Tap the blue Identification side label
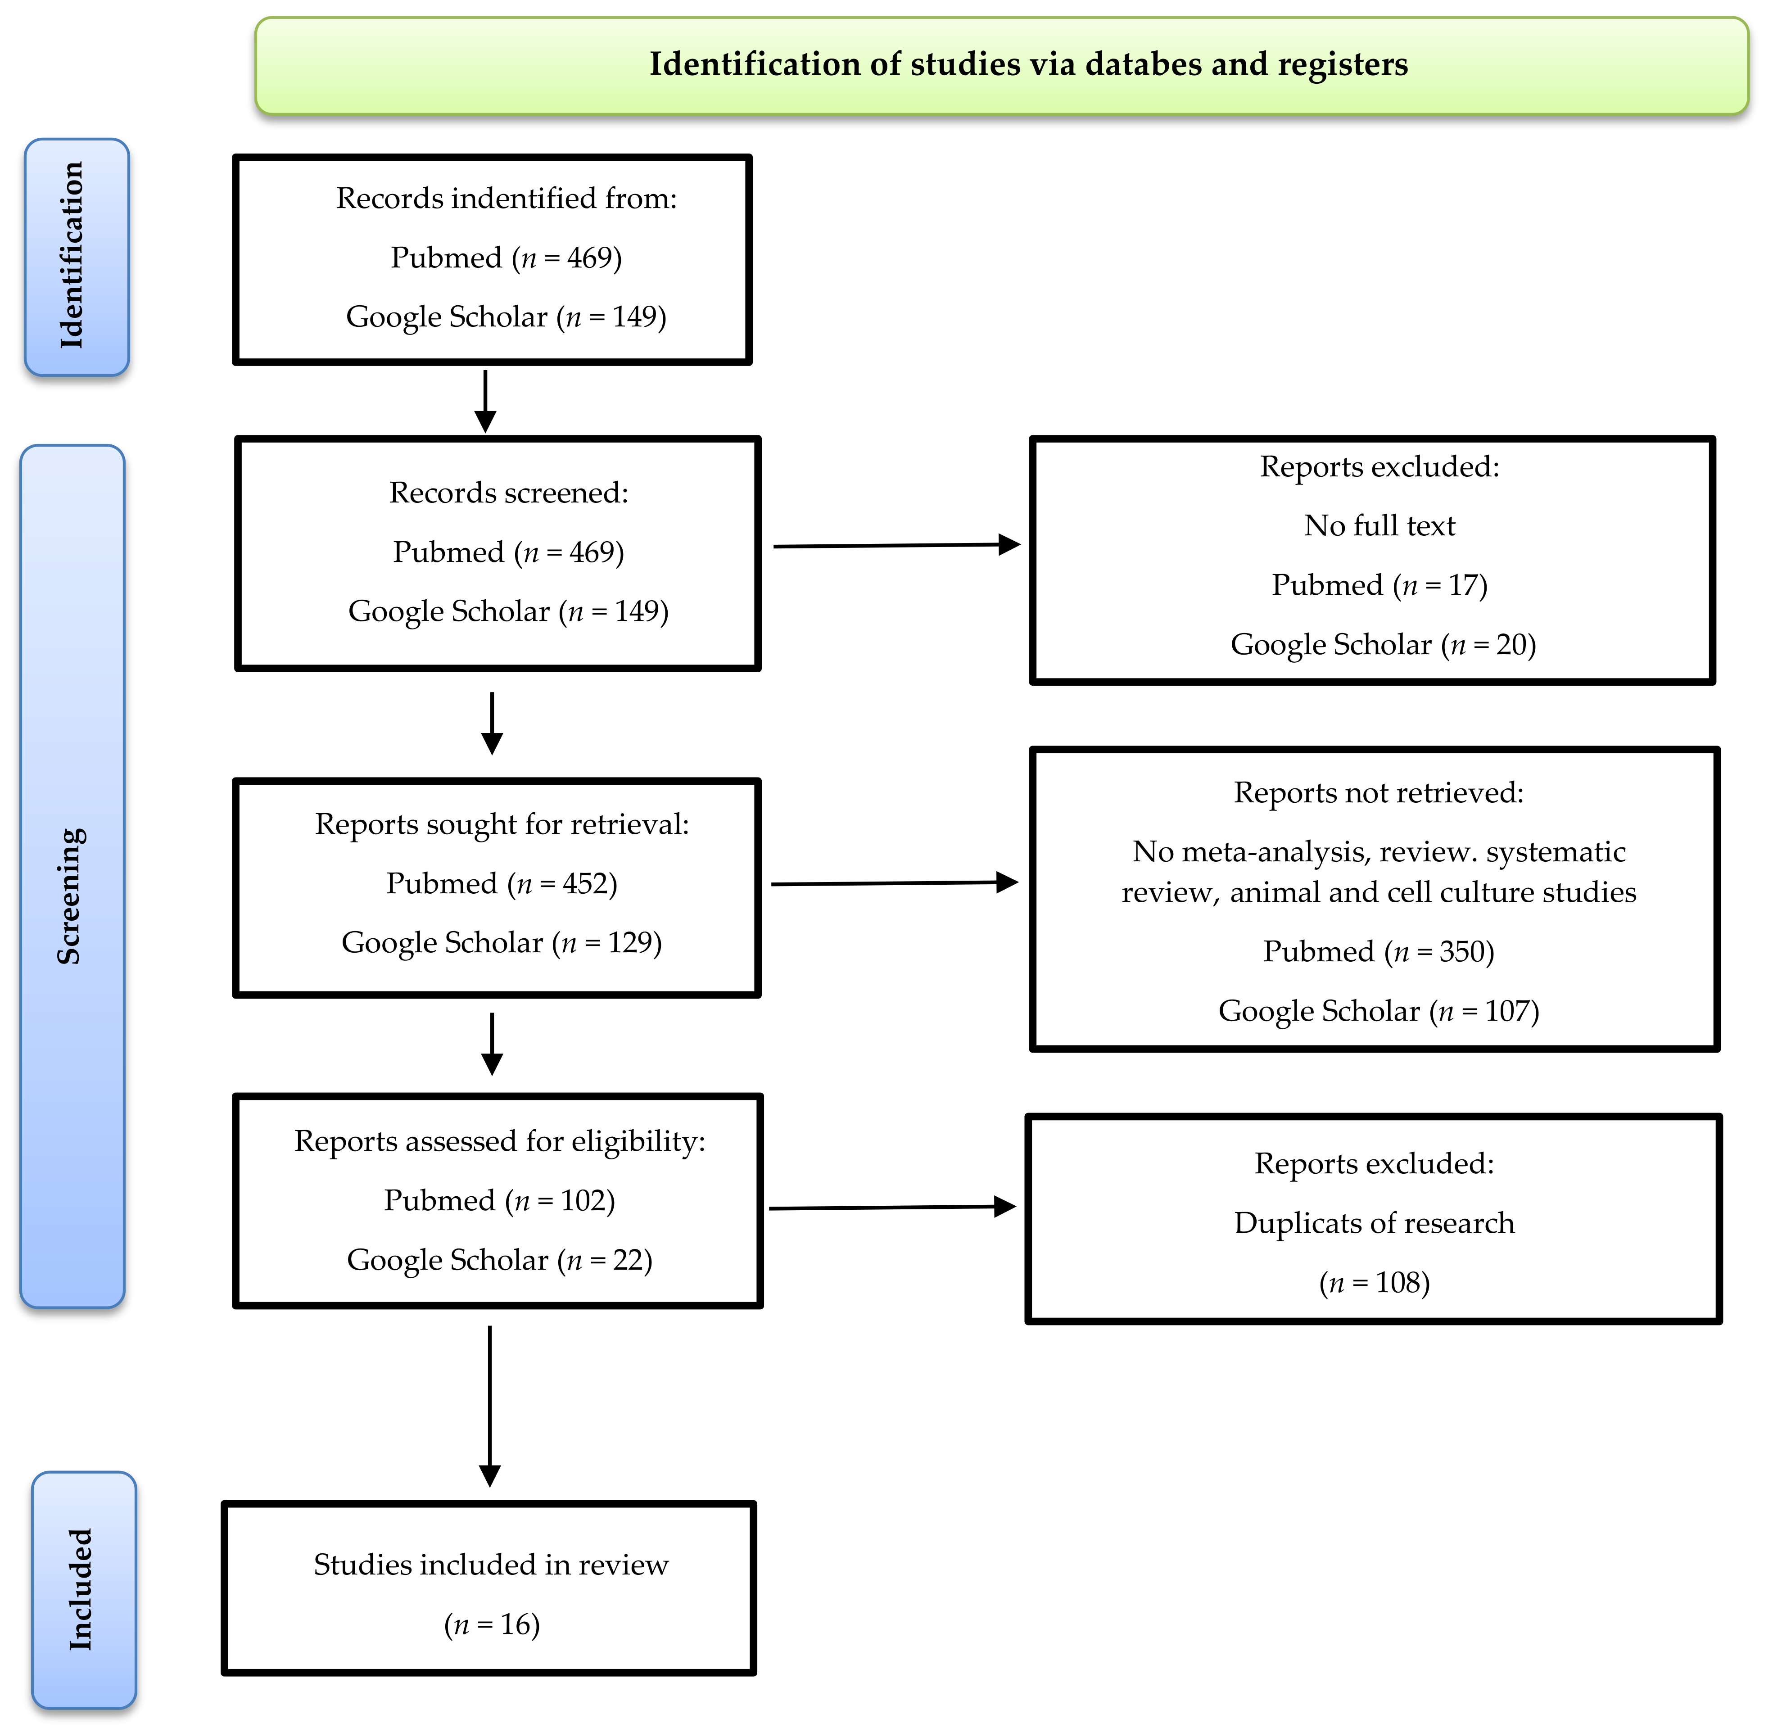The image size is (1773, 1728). pyautogui.click(x=76, y=257)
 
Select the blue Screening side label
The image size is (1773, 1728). pyautogui.click(x=72, y=876)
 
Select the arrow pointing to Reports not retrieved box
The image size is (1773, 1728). pyautogui.click(x=894, y=883)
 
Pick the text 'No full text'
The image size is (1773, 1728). pyautogui.click(x=1379, y=525)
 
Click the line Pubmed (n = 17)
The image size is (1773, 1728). pyautogui.click(x=1379, y=584)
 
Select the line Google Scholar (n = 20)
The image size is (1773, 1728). pyautogui.click(x=1383, y=644)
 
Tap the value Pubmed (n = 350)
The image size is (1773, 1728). pyautogui.click(x=1378, y=951)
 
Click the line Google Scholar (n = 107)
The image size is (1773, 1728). pyautogui.click(x=1378, y=1011)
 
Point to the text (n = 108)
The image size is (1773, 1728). pyautogui.click(x=1374, y=1282)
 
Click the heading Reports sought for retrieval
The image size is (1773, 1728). pyautogui.click(x=502, y=824)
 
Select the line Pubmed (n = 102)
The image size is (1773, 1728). pyautogui.click(x=499, y=1201)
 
